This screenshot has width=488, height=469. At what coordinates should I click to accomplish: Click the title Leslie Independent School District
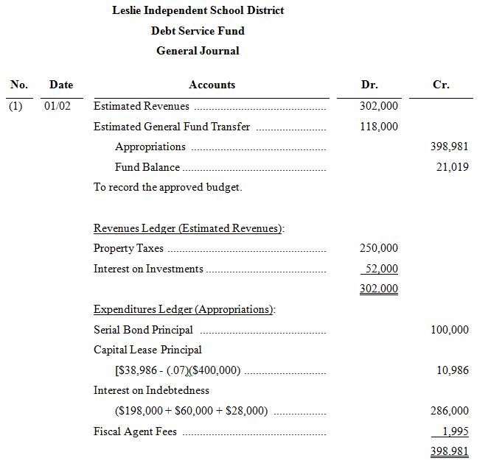click(198, 10)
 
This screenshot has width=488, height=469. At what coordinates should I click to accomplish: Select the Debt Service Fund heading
click(198, 31)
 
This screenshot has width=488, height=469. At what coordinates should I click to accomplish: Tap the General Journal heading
click(198, 51)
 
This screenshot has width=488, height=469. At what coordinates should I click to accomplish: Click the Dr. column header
click(369, 85)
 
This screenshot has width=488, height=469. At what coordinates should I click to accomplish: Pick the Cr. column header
click(441, 85)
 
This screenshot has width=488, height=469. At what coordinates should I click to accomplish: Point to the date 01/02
click(57, 106)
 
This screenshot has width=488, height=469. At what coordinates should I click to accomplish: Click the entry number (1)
click(15, 106)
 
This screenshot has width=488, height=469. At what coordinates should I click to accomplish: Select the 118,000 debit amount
click(379, 127)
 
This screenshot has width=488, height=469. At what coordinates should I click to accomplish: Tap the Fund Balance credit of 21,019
click(452, 167)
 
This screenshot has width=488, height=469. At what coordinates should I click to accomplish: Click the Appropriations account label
click(150, 147)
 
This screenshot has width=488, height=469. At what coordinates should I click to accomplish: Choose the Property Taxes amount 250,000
click(379, 248)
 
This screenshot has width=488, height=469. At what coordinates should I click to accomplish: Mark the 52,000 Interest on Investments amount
click(381, 269)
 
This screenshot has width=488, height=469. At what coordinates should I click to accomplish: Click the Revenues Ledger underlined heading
click(188, 228)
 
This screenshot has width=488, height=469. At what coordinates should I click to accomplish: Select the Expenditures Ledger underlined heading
click(184, 309)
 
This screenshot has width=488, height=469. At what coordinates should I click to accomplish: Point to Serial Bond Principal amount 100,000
click(450, 330)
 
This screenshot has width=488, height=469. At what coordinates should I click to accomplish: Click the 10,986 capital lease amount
click(453, 370)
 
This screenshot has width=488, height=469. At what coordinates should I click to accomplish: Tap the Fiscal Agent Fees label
click(135, 431)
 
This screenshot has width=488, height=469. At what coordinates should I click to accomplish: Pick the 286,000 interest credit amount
click(450, 411)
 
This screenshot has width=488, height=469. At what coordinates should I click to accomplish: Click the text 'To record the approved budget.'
click(167, 187)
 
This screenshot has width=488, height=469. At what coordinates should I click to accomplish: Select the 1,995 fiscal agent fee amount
click(455, 431)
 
